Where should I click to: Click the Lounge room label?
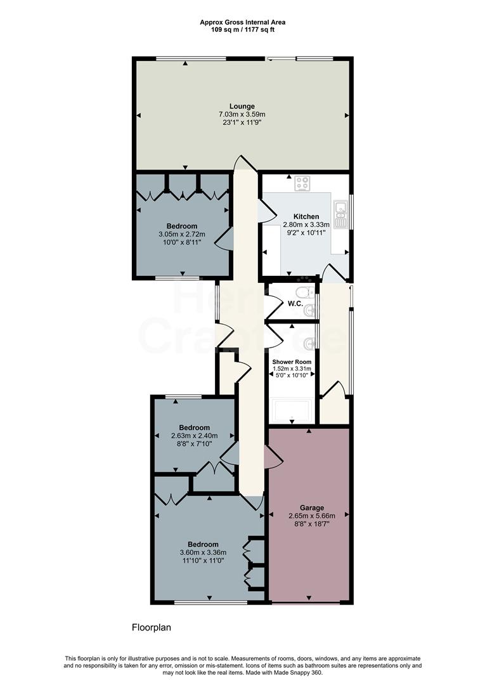[242, 106]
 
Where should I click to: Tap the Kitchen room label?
[306, 217]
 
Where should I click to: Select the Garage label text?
[312, 507]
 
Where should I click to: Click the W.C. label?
[294, 303]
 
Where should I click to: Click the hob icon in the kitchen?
[302, 183]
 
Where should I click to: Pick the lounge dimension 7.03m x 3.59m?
[242, 114]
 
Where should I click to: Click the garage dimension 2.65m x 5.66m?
[312, 516]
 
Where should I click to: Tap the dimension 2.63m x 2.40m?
[194, 436]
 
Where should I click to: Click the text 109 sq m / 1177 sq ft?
[242, 29]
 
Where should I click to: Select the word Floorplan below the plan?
[152, 628]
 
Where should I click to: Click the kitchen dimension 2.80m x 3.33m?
[306, 225]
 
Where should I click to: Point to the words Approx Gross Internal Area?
[242, 22]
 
